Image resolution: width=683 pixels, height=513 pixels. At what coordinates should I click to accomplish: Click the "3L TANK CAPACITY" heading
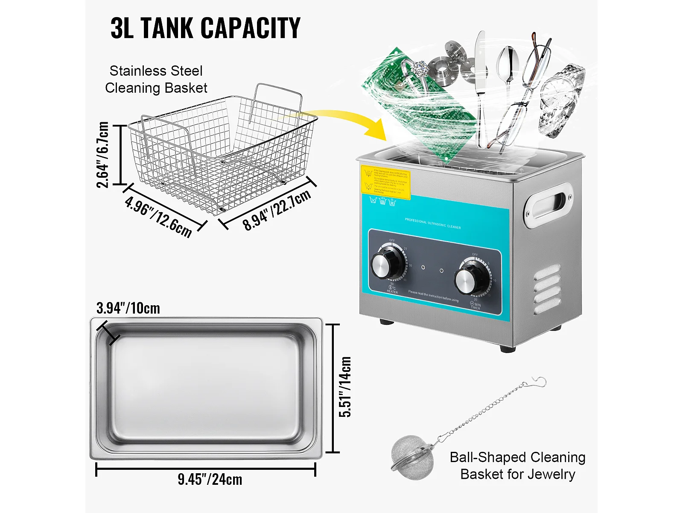[x=205, y=28]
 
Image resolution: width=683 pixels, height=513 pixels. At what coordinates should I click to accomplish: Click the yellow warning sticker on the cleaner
[x=385, y=183]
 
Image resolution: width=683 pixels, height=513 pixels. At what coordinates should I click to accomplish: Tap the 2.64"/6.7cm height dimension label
[x=103, y=155]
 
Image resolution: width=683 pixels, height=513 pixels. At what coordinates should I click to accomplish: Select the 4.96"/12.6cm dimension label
[x=158, y=216]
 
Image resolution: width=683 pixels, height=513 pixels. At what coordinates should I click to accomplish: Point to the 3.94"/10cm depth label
[x=128, y=308]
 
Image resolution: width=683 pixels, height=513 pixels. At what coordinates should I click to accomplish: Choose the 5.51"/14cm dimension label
[x=345, y=387]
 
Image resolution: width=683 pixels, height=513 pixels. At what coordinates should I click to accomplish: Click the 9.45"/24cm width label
[x=210, y=479]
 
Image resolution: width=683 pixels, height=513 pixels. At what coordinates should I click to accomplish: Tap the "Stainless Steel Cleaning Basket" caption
[x=156, y=79]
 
